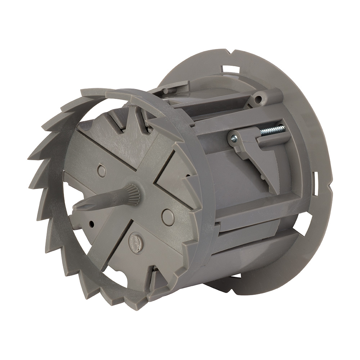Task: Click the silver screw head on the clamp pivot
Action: click(x=234, y=138)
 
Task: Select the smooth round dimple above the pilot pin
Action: click(x=102, y=170)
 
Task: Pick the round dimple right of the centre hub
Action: click(x=168, y=217)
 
